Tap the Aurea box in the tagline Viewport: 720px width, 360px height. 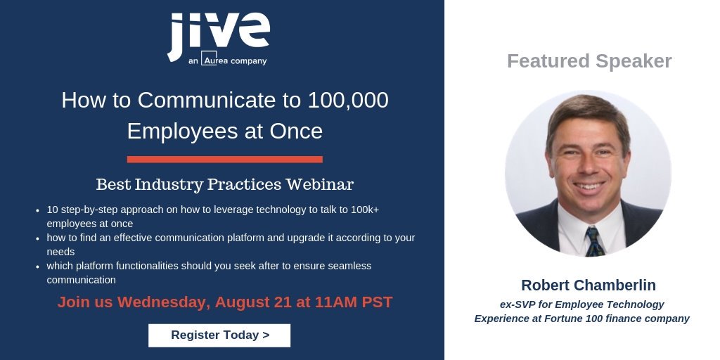[212, 60]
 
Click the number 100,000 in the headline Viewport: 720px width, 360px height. [348, 100]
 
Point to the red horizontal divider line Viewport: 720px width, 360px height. [224, 159]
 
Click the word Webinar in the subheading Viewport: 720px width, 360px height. [320, 185]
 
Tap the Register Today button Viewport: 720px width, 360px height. [219, 335]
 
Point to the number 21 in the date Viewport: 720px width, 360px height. [285, 302]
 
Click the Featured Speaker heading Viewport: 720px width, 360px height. [589, 61]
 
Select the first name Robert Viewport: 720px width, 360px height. [546, 285]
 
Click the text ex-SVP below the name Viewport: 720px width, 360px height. [519, 304]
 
